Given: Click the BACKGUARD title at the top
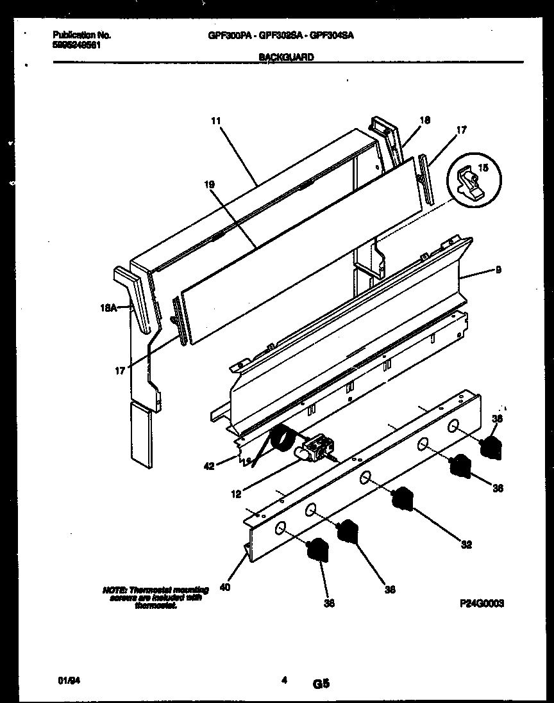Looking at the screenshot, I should [286, 57].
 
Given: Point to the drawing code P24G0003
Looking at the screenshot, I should [481, 603].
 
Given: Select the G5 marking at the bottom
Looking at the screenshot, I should [321, 684].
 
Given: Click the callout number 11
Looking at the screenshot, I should [215, 120].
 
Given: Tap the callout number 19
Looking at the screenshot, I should [210, 184].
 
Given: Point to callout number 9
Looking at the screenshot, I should [498, 270].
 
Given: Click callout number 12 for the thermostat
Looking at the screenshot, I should [237, 494].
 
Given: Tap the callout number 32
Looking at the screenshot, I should [466, 545].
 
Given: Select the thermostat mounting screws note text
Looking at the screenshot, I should [156, 597].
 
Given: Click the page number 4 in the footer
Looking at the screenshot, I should [283, 681].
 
